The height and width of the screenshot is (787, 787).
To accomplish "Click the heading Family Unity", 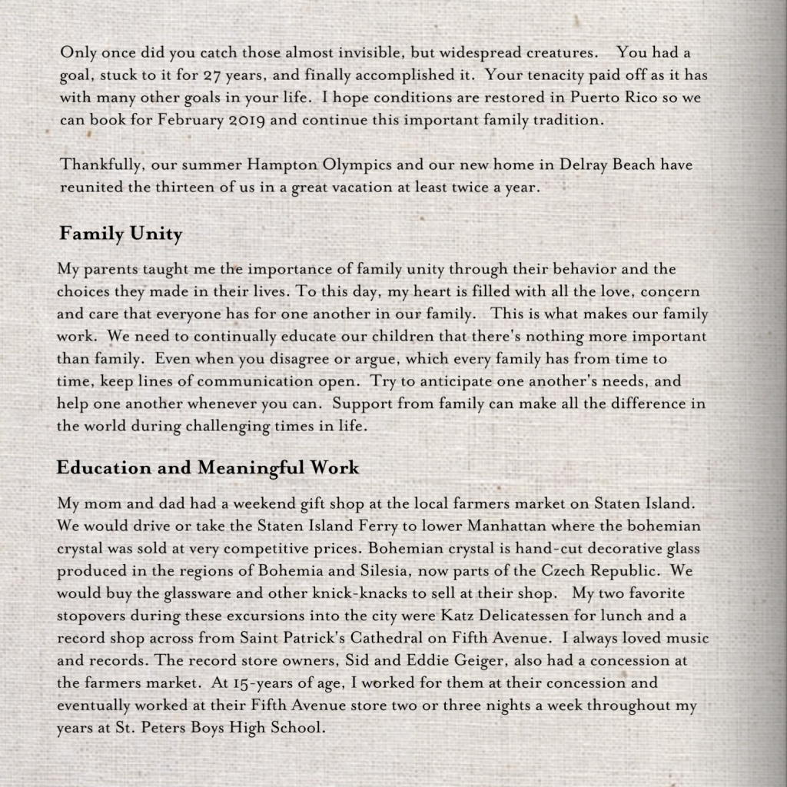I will [121, 234].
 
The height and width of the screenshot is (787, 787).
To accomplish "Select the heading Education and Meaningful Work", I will [208, 467].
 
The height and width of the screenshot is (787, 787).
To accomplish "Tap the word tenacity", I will [550, 77].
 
